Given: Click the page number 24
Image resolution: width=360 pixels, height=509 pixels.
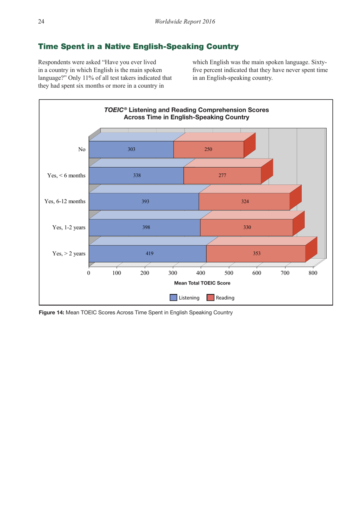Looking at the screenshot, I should pos(41,22).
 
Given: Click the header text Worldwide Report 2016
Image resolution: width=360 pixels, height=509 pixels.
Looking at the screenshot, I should pos(185,22).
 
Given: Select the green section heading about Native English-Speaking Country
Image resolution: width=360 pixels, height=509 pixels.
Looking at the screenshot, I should pos(138,47).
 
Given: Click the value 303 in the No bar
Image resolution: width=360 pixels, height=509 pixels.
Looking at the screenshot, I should pos(131,149).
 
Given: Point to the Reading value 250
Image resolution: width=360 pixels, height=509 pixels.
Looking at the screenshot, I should pos(208,149).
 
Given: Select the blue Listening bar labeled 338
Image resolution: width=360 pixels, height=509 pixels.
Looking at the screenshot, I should pos(136,176).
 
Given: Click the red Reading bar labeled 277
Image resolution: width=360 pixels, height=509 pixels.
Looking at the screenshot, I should pos(222,176).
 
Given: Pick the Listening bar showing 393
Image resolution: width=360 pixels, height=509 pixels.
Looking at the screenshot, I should pos(145,201).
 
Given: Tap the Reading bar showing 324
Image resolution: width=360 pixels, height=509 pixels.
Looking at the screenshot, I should pos(245,201).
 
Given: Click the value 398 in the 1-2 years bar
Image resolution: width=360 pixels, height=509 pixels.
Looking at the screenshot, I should pos(146,228).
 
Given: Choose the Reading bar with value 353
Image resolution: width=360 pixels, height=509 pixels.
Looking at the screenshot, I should pos(257,254).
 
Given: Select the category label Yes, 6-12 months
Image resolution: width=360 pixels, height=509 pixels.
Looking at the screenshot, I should pos(65,201).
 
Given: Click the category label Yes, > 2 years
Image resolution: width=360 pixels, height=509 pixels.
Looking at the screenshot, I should pos(69,254).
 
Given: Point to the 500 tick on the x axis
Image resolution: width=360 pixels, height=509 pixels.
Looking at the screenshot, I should pos(229,273).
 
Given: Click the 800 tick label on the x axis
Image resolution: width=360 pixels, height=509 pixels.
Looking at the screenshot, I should pos(313,273).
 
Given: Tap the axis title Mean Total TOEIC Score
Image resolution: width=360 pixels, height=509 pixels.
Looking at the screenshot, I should pos(202,283).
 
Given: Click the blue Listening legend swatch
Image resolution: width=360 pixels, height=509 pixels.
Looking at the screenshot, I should pos(174,298).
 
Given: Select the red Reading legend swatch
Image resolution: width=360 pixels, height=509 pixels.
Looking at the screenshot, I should pos(210,298).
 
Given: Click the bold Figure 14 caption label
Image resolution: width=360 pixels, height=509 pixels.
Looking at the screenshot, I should pos(52,313).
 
